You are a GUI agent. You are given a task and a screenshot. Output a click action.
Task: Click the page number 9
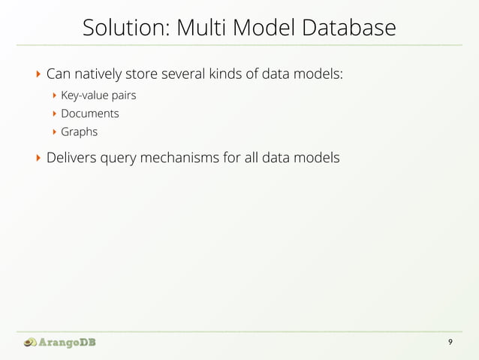click(x=450, y=343)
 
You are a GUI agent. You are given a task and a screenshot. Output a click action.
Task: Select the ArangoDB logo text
click(x=68, y=343)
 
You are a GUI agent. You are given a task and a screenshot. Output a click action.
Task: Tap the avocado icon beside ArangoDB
click(x=29, y=343)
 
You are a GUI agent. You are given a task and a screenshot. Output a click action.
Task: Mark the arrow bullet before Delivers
click(x=38, y=159)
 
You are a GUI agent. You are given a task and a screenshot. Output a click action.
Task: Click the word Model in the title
click(x=268, y=29)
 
